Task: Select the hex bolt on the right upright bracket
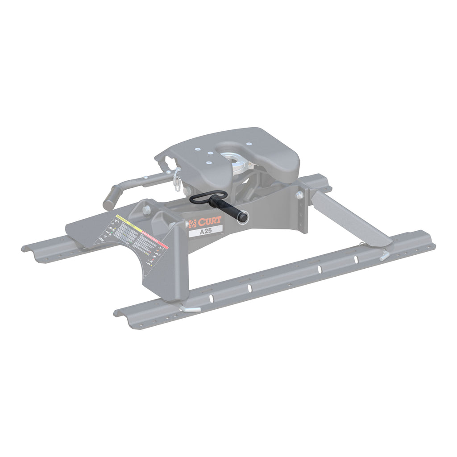pyautogui.click(x=299, y=195)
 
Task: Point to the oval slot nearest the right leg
pyautogui.click(x=356, y=259)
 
